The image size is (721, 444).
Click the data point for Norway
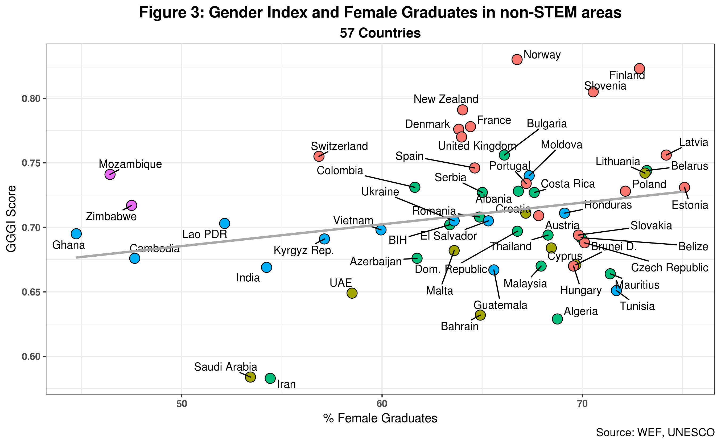click(x=517, y=60)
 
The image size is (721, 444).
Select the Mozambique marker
click(x=110, y=174)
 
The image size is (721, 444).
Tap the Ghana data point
click(x=76, y=234)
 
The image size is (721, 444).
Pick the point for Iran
click(x=270, y=378)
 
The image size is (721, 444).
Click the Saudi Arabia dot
click(x=250, y=377)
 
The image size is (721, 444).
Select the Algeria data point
click(x=557, y=319)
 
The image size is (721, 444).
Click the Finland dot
click(x=639, y=69)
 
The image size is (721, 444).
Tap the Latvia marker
click(x=666, y=155)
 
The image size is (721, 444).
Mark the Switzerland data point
click(x=319, y=156)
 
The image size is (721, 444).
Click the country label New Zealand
click(x=446, y=99)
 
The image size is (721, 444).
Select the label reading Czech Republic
click(x=669, y=268)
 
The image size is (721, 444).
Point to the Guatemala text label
click(x=500, y=305)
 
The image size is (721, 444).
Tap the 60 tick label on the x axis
click(x=382, y=404)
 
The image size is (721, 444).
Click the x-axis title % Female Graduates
click(x=380, y=418)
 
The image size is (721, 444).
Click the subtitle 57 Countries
click(x=380, y=33)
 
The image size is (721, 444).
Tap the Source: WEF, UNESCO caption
click(x=655, y=433)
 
